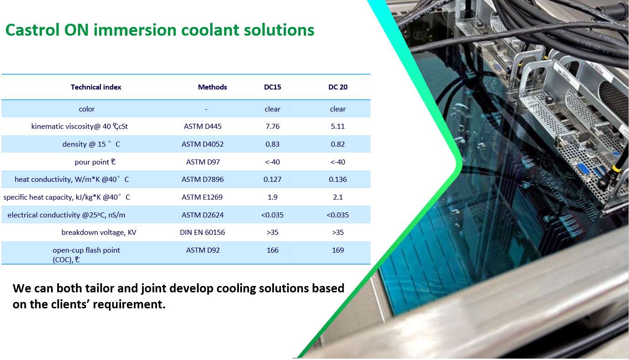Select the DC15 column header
(x=272, y=87)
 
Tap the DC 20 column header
(x=338, y=87)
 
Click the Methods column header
(x=212, y=87)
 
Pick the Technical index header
(x=96, y=87)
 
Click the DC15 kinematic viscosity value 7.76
(x=272, y=127)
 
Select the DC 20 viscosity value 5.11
(x=338, y=127)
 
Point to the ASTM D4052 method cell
(x=202, y=144)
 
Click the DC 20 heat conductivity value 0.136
(x=338, y=179)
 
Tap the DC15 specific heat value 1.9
(x=272, y=197)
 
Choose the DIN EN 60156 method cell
(x=202, y=232)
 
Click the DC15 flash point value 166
(x=272, y=250)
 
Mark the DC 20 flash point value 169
(x=338, y=250)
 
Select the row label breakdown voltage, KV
(x=99, y=233)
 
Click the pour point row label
(x=95, y=162)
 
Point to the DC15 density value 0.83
(x=272, y=144)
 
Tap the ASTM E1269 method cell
(x=202, y=197)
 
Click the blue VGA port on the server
(x=583, y=170)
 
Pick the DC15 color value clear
(x=272, y=109)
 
